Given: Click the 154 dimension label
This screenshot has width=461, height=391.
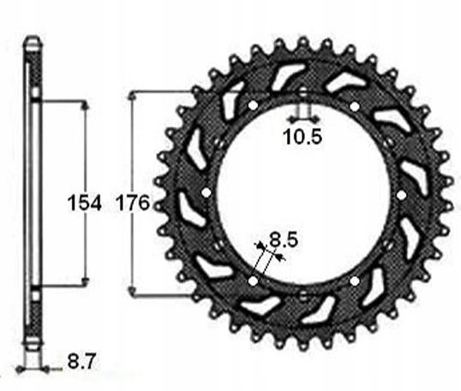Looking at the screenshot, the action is [x=84, y=203].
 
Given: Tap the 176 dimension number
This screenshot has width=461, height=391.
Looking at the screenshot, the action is [x=133, y=203].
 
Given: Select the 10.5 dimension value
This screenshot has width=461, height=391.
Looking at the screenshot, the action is [x=302, y=137].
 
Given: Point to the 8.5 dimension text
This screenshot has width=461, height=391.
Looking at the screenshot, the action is [x=284, y=240].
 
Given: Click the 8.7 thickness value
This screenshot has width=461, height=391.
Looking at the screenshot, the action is [x=81, y=362].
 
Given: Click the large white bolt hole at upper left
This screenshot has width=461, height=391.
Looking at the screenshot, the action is [x=253, y=105].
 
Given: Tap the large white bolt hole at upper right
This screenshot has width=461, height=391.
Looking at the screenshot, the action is [x=355, y=106].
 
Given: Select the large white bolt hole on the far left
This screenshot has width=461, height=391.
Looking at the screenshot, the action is [x=207, y=193].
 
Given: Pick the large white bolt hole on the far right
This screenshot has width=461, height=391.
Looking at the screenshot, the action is [x=401, y=194].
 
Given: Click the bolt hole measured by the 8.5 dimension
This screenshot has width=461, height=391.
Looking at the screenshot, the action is [x=253, y=281].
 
